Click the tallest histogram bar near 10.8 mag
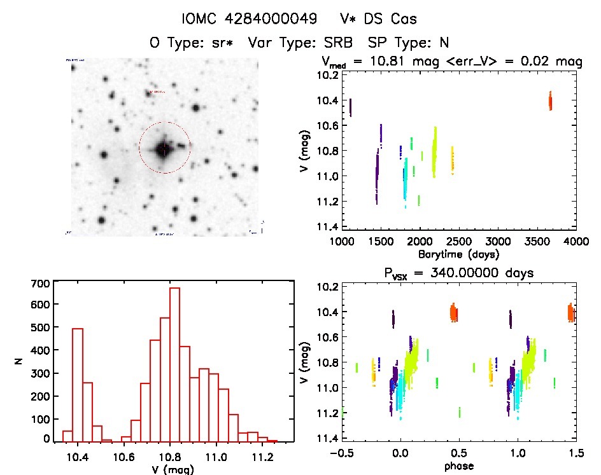coord(174,364)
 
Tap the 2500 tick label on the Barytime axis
coord(458,242)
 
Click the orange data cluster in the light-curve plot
coord(551,100)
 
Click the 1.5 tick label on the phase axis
coord(575,454)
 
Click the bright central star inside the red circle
coord(164,149)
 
